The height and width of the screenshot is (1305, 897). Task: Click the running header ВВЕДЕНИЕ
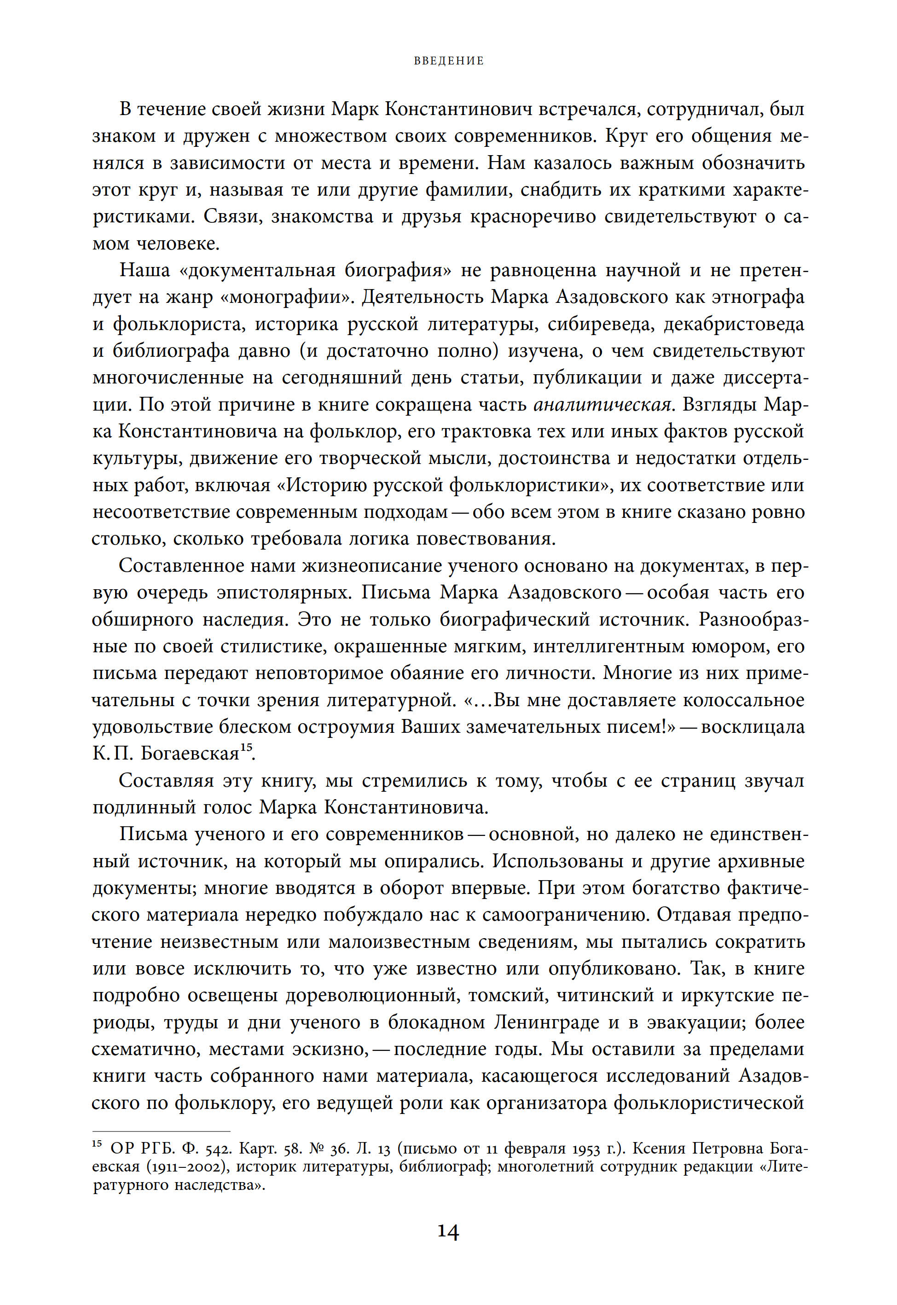pos(448,61)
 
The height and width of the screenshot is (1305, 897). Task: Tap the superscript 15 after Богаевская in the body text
pos(246,748)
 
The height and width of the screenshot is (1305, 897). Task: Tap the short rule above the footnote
pos(161,1131)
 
